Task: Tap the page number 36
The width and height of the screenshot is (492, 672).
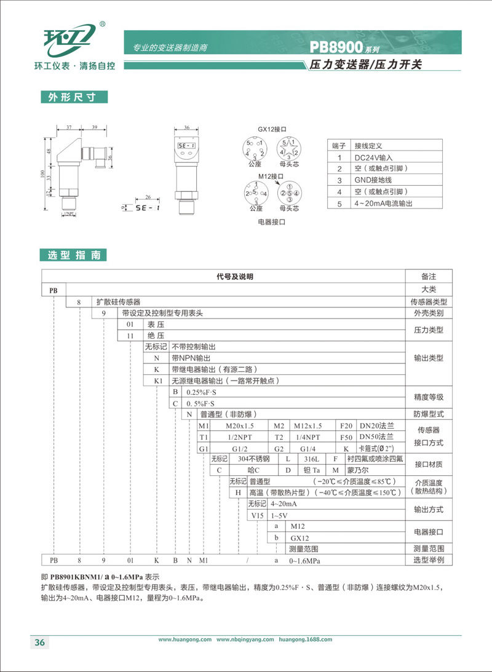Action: point(39,642)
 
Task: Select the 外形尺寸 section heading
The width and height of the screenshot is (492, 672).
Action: point(73,97)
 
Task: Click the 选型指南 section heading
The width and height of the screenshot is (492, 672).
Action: point(73,255)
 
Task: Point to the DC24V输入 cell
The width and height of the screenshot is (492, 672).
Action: point(375,157)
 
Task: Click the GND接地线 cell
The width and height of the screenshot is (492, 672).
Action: point(373,180)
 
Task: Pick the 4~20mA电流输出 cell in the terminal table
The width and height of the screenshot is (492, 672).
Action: point(383,203)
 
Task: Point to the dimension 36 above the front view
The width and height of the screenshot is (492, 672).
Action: point(186,128)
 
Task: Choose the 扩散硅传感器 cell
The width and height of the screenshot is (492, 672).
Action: point(118,302)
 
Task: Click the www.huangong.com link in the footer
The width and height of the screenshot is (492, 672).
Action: point(185,639)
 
